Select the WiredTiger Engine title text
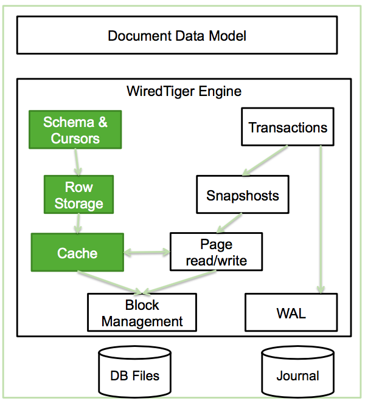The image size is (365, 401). (x=184, y=92)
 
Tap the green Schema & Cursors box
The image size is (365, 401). (x=75, y=130)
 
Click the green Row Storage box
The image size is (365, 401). (x=78, y=194)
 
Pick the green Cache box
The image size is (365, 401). (x=77, y=253)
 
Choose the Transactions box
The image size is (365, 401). (x=288, y=128)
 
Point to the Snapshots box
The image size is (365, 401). (x=242, y=196)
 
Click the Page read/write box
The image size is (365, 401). (x=216, y=253)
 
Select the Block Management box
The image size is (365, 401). (x=142, y=313)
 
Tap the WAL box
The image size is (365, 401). (x=290, y=314)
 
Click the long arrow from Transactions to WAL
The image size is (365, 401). (x=320, y=219)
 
